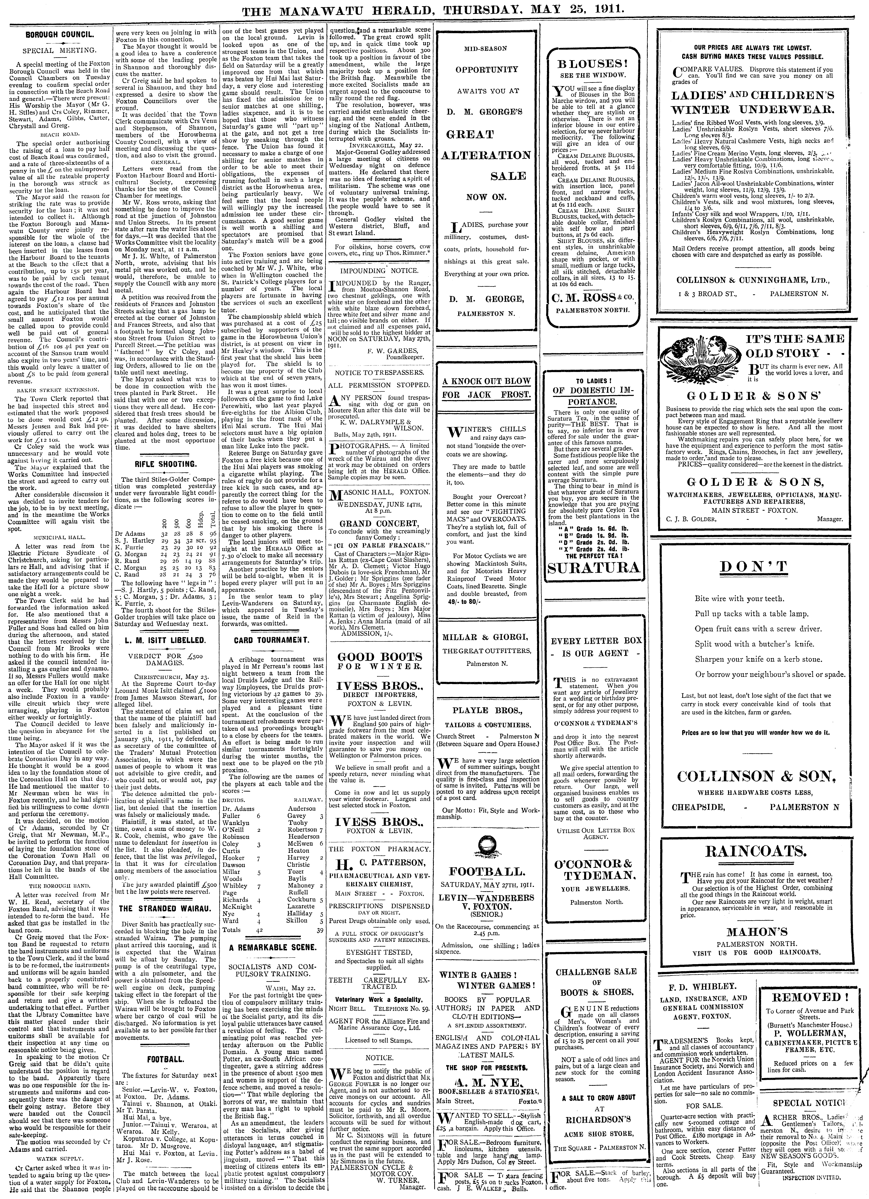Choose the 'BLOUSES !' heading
pyautogui.click(x=594, y=64)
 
